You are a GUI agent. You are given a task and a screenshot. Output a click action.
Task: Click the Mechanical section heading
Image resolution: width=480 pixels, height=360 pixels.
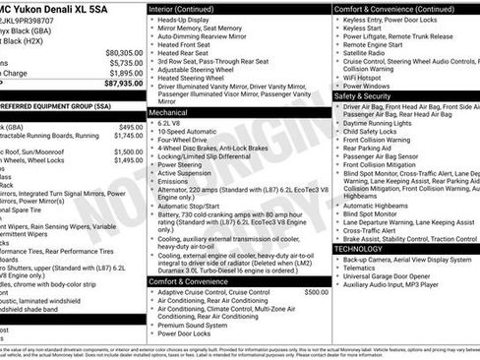[170, 113]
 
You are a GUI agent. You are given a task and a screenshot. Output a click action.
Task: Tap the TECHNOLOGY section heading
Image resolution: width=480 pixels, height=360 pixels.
[358, 249]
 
